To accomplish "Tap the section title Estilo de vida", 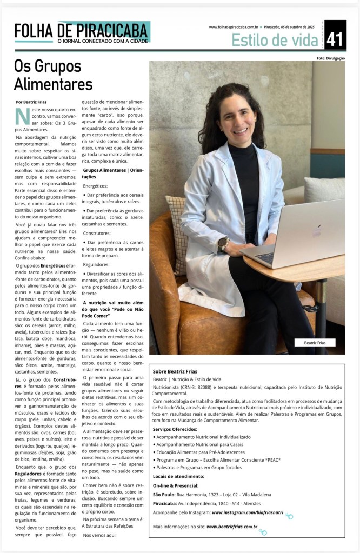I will coord(276,39).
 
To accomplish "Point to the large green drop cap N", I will coord(22,117).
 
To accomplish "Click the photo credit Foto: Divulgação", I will coord(331,57).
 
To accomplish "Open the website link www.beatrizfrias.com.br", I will coord(232,527).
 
